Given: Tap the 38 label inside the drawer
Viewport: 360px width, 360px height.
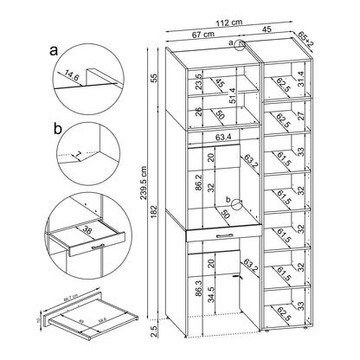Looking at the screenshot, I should coord(89,231).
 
